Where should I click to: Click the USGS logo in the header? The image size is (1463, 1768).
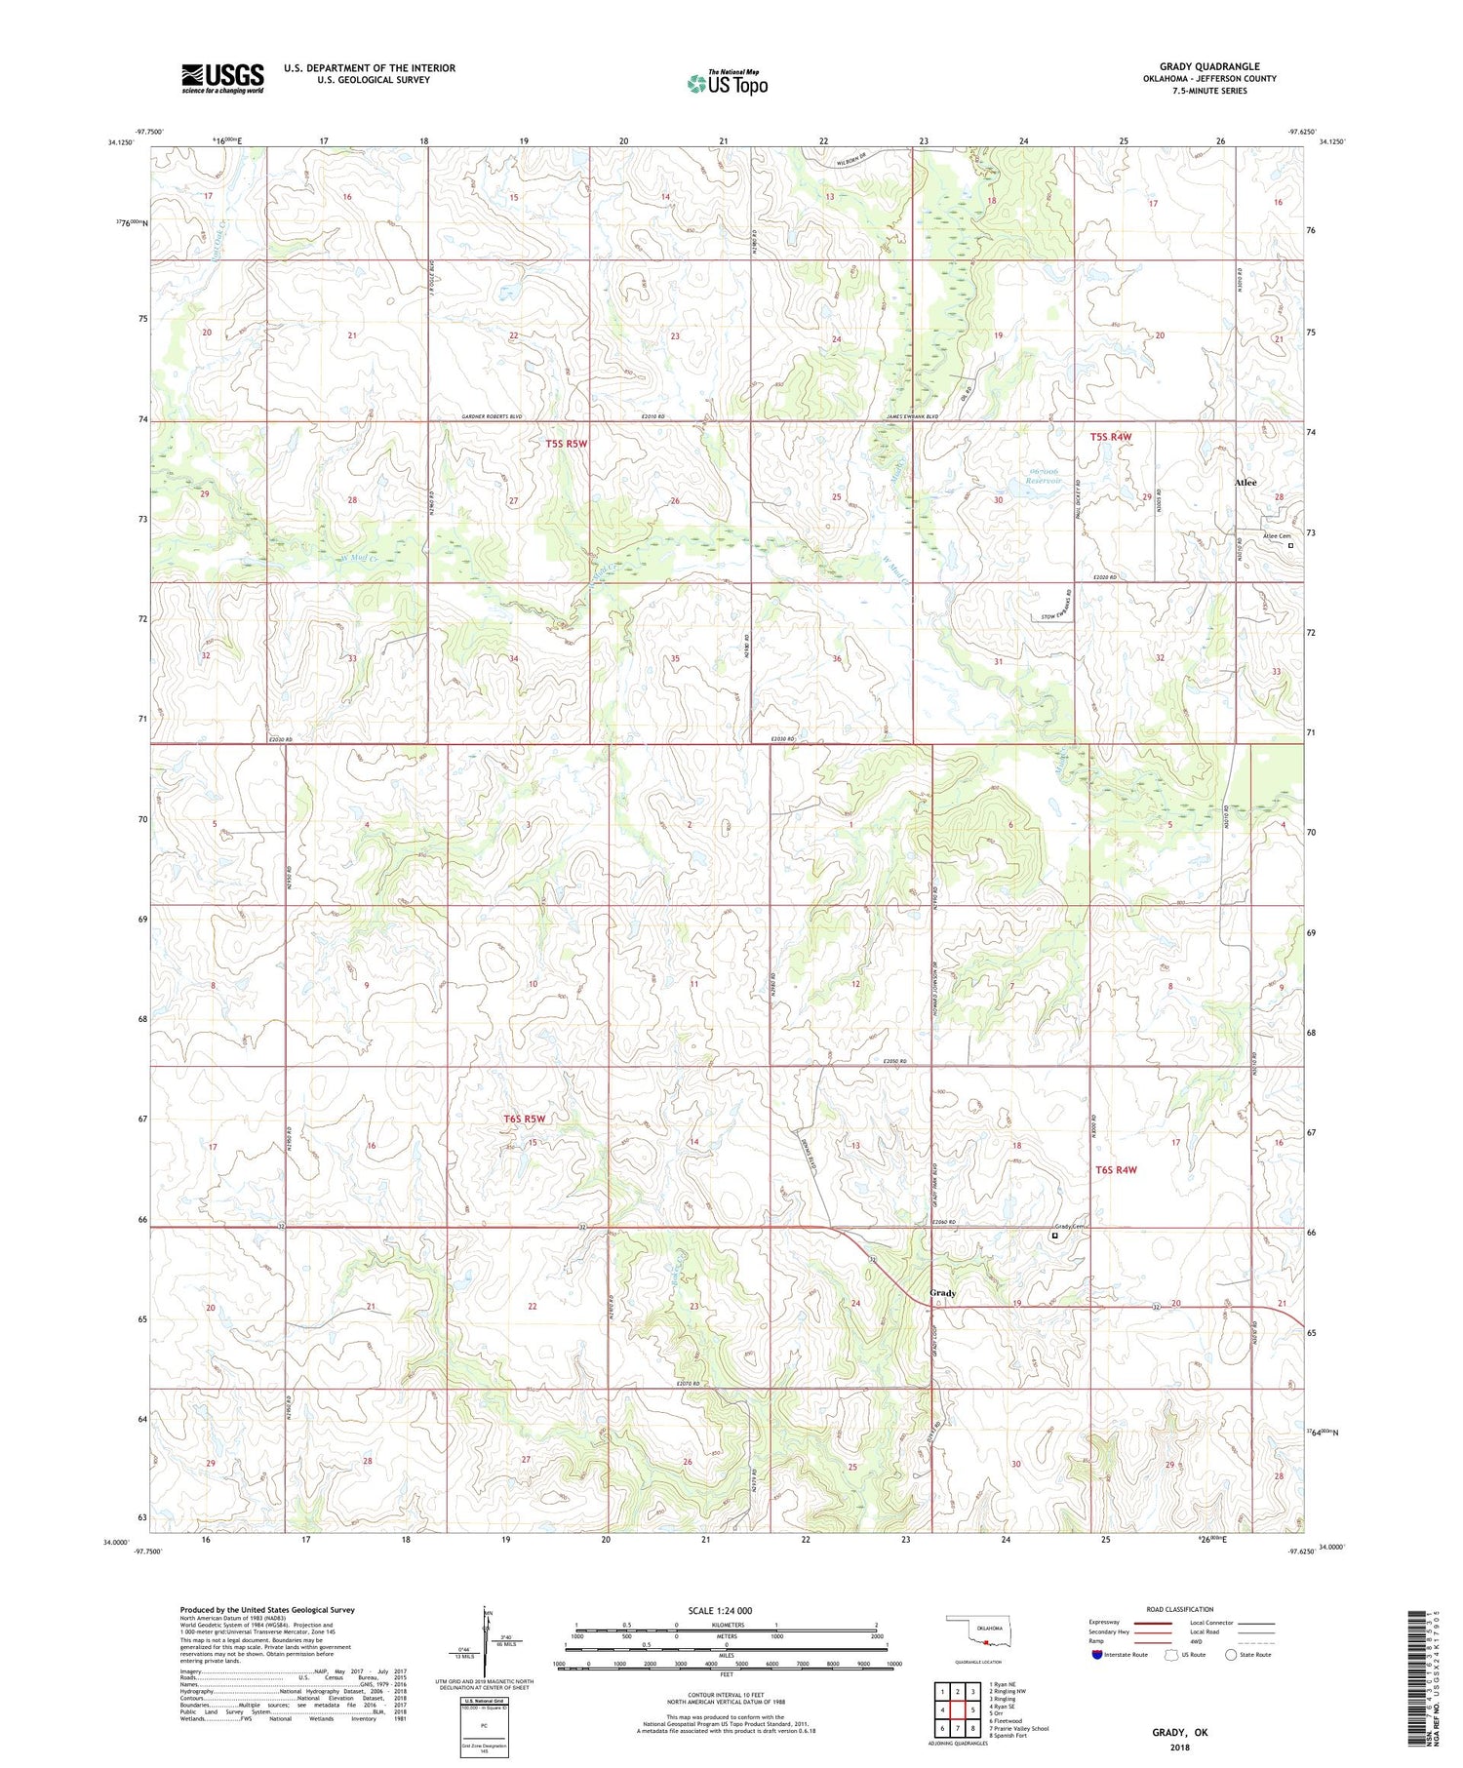pyautogui.click(x=222, y=78)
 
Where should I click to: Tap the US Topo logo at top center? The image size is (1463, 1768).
pyautogui.click(x=727, y=83)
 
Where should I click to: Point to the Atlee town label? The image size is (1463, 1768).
pyautogui.click(x=1246, y=483)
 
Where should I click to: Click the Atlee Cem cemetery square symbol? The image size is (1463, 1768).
pyautogui.click(x=1290, y=546)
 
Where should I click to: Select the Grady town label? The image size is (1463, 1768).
pyautogui.click(x=942, y=1293)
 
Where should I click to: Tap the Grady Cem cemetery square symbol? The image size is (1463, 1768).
pyautogui.click(x=1054, y=1236)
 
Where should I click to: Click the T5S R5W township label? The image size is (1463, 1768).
pyautogui.click(x=567, y=444)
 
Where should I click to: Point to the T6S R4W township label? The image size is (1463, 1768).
pyautogui.click(x=1116, y=1169)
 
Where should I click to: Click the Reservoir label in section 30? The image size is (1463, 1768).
pyautogui.click(x=1043, y=481)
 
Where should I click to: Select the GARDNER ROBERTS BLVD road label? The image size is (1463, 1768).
pyautogui.click(x=491, y=416)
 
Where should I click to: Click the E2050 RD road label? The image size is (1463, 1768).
pyautogui.click(x=894, y=1061)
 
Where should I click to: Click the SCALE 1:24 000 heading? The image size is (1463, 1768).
pyautogui.click(x=727, y=1610)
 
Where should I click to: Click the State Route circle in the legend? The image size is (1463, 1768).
pyautogui.click(x=1231, y=1654)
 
